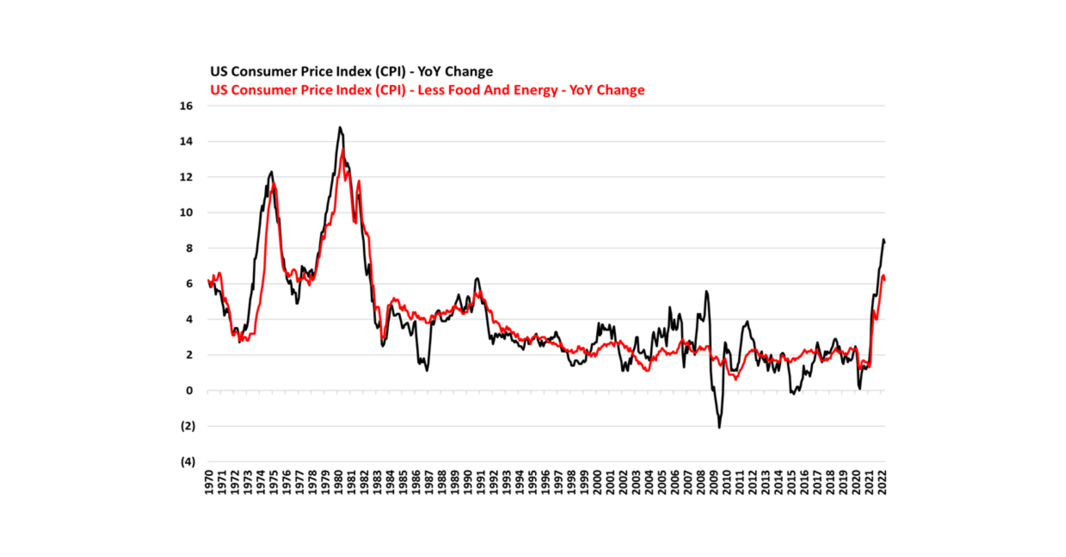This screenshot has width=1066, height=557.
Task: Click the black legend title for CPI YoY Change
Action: (351, 72)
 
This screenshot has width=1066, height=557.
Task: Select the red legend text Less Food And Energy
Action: (427, 90)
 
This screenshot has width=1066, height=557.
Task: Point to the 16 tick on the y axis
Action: (186, 106)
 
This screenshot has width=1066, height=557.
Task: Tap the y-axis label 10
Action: (186, 213)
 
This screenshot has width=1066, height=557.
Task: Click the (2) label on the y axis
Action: (188, 426)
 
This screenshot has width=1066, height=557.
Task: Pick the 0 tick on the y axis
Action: (190, 391)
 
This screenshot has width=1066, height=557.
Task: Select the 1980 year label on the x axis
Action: (338, 482)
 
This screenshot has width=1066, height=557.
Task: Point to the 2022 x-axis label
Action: (882, 482)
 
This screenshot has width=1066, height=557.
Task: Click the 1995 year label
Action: (533, 482)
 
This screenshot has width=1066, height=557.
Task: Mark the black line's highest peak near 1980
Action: (340, 127)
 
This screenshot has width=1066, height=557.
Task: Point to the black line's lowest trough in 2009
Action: (719, 428)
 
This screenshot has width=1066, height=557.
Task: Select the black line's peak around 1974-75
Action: (272, 171)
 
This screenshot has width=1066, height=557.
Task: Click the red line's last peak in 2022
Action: (883, 275)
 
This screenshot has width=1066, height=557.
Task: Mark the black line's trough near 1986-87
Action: (427, 370)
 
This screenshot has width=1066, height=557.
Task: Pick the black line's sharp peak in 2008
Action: (707, 291)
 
